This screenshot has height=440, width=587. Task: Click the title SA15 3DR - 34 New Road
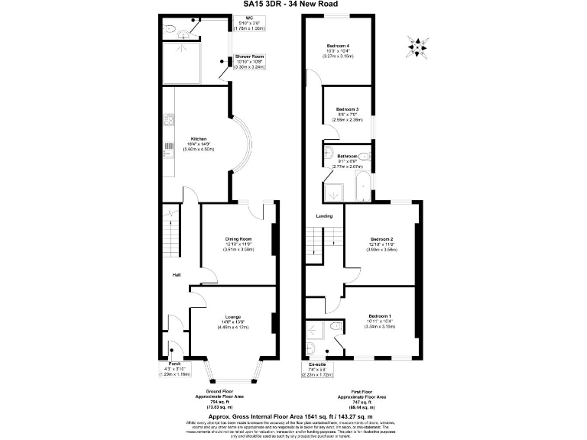pyautogui.click(x=293, y=4)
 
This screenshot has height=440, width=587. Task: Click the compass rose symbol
pyautogui.click(x=416, y=47)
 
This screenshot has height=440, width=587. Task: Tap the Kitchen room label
pyautogui.click(x=199, y=139)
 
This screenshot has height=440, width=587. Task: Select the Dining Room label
pyautogui.click(x=238, y=239)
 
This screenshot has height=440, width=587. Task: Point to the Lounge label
pyautogui.click(x=233, y=316)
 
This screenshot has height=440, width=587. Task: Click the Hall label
pyautogui.click(x=176, y=274)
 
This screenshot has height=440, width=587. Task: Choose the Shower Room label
pyautogui.click(x=249, y=57)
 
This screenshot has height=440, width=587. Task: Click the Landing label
pyautogui.click(x=324, y=215)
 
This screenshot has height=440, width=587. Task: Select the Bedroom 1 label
pyautogui.click(x=380, y=316)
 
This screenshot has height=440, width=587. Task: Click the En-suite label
pyautogui.click(x=316, y=365)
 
